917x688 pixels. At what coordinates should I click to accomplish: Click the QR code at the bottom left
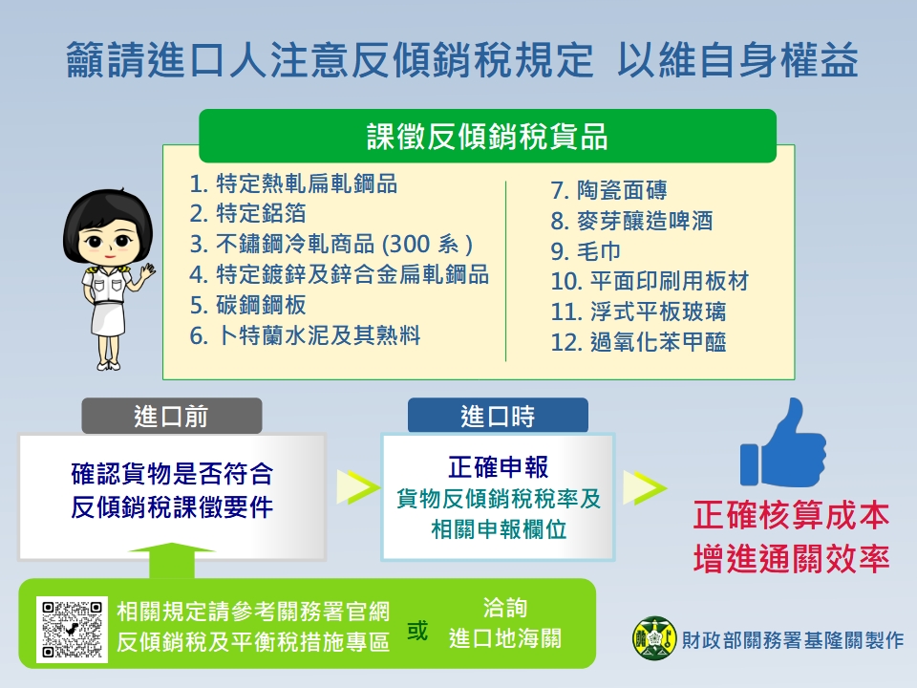pyautogui.click(x=72, y=629)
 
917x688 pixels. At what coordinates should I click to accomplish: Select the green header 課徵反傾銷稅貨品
pyautogui.click(x=487, y=137)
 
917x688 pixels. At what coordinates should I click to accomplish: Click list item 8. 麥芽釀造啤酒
pyautogui.click(x=631, y=222)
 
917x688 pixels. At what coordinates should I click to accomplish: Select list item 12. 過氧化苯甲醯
pyautogui.click(x=638, y=341)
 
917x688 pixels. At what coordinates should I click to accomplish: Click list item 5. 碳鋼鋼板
pyautogui.click(x=248, y=305)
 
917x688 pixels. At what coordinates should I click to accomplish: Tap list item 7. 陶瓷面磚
pyautogui.click(x=622, y=191)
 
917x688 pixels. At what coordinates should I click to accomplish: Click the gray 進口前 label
pyautogui.click(x=171, y=417)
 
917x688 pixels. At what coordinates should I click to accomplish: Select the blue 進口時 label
pyautogui.click(x=498, y=417)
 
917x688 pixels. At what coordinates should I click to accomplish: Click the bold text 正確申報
pyautogui.click(x=498, y=467)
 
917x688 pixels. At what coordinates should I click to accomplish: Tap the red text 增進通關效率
pyautogui.click(x=791, y=557)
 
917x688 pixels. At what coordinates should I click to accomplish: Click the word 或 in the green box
pyautogui.click(x=417, y=632)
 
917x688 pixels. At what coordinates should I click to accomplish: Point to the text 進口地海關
pyautogui.click(x=505, y=637)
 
